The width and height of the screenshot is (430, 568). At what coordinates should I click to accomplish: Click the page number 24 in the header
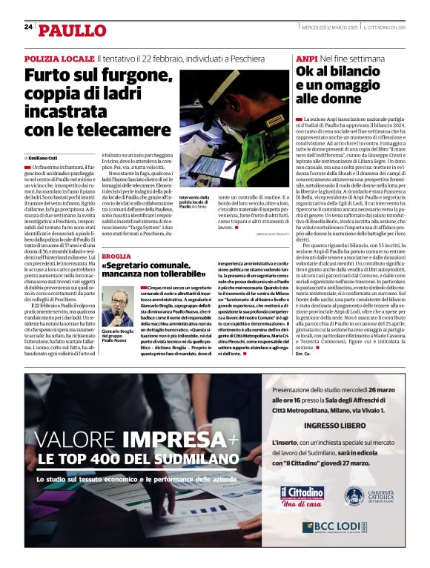tap(28, 27)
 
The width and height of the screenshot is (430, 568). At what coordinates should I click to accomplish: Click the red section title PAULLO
tap(73, 30)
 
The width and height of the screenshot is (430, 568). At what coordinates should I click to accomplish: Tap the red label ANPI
tap(307, 58)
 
